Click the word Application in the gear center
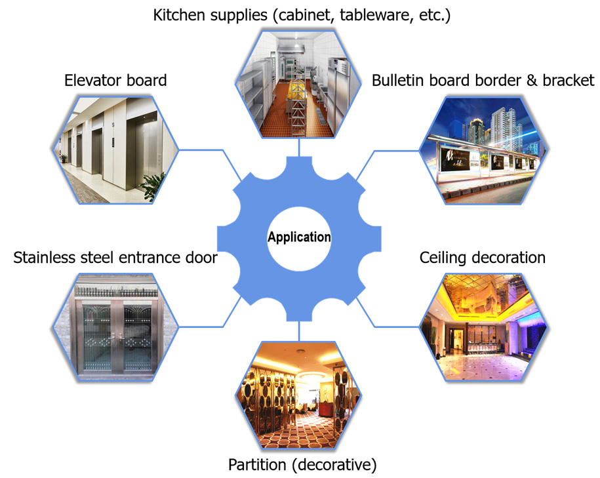coord(299,237)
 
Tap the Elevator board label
coord(115,81)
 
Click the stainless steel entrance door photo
coord(115,327)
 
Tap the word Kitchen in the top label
coord(178,15)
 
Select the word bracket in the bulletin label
coord(569,81)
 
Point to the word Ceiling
coord(443,258)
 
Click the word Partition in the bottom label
coord(256,466)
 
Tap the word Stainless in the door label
coord(43,258)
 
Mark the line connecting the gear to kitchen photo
coord(300,148)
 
